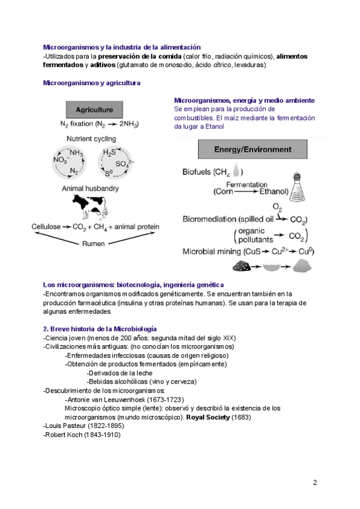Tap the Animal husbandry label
pyautogui.click(x=90, y=188)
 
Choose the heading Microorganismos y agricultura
pyautogui.click(x=92, y=82)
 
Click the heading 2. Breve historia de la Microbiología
pyautogui.click(x=100, y=329)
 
